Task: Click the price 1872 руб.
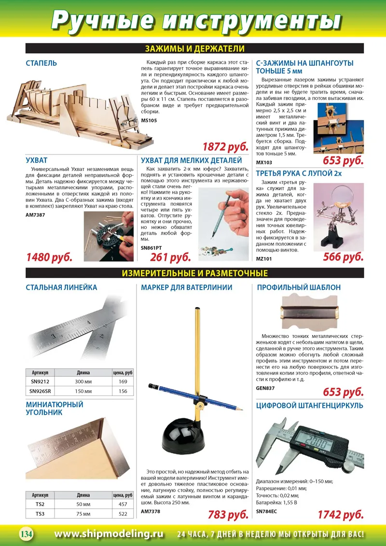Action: coord(225,147)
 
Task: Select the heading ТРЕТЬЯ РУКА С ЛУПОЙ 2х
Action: coord(299,173)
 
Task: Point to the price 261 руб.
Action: coord(170,257)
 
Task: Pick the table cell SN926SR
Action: coord(41,391)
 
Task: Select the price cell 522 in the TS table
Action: coord(123,514)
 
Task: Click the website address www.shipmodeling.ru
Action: coord(109,534)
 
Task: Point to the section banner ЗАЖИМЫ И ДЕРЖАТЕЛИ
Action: coord(194,48)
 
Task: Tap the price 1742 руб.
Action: coord(340,514)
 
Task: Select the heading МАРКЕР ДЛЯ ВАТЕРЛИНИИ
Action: coord(187,287)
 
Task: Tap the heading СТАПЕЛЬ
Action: coord(41,63)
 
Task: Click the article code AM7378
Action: coord(151,510)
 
